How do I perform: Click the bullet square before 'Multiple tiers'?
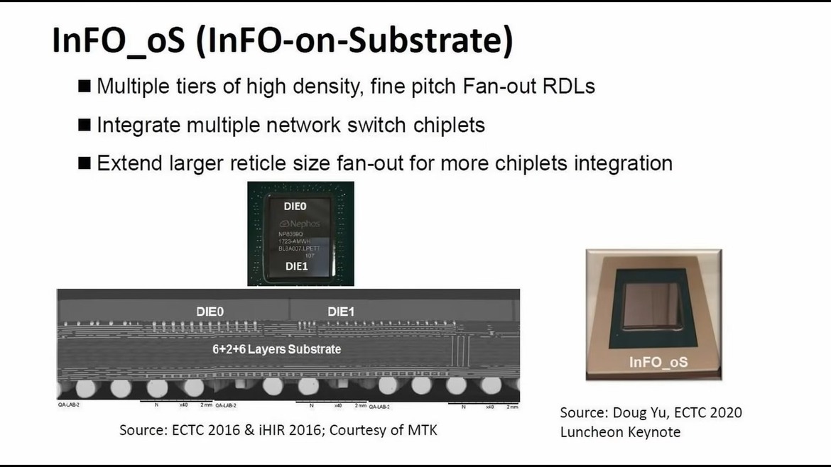(x=85, y=87)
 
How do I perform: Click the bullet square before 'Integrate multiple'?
(x=85, y=126)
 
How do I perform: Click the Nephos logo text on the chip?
(x=303, y=222)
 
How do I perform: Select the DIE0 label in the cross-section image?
(x=214, y=311)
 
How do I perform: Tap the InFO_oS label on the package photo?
(x=658, y=362)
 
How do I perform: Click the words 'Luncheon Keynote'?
(x=620, y=432)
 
